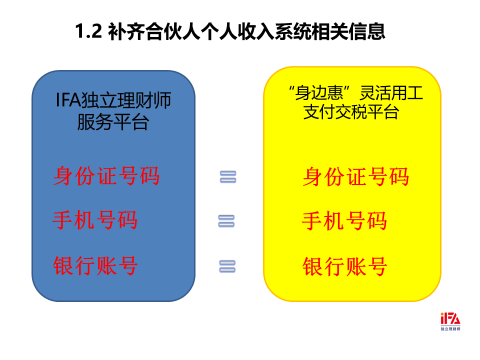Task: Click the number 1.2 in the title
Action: [88, 31]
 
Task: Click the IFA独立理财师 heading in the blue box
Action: [113, 100]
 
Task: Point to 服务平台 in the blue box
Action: [113, 121]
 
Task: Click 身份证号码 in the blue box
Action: [106, 175]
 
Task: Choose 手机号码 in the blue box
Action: [95, 220]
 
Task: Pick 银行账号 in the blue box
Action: [95, 265]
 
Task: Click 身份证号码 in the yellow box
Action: [355, 176]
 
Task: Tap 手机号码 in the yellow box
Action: [344, 220]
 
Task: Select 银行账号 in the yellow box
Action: [344, 266]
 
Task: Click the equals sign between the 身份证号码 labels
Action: [228, 177]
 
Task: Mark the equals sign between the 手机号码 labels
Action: [226, 221]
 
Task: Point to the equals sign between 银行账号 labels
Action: [227, 266]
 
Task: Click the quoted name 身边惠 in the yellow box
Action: [319, 93]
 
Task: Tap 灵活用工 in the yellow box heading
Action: [391, 93]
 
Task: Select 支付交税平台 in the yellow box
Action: [351, 111]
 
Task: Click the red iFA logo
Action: [450, 318]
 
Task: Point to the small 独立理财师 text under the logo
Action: [450, 329]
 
